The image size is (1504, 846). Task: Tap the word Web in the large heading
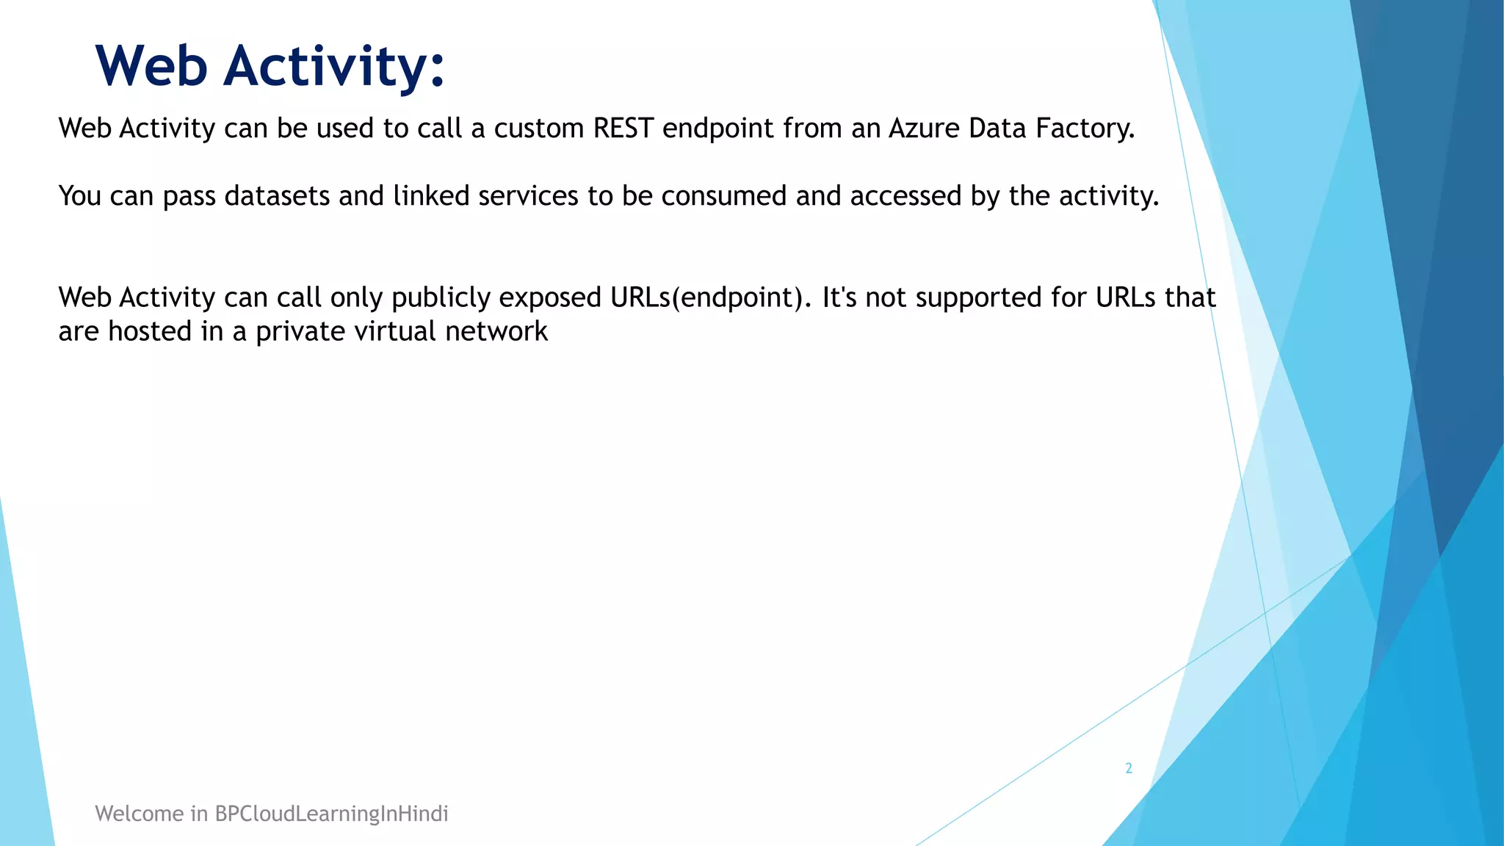tap(152, 66)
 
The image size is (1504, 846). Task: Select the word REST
tap(623, 129)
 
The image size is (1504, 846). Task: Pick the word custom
tap(539, 129)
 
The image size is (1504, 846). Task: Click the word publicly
tap(441, 298)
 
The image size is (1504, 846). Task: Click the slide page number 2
tap(1129, 768)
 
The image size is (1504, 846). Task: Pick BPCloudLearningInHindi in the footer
tap(331, 814)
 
